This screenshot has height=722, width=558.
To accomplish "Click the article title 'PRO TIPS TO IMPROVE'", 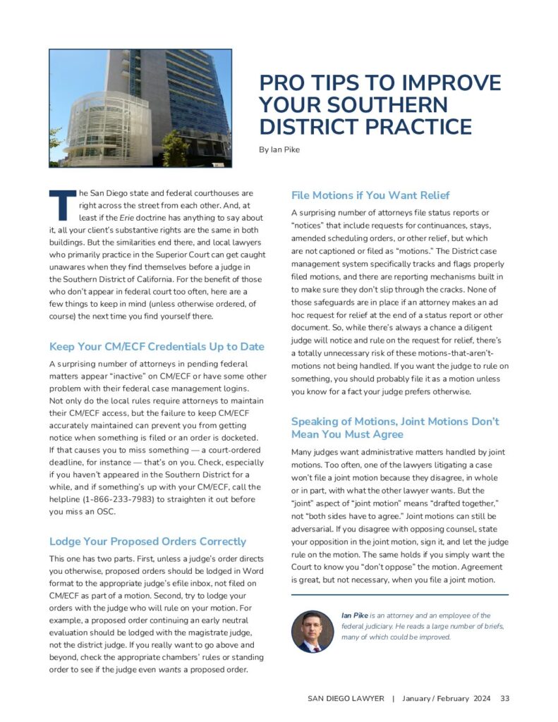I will pos(380,83).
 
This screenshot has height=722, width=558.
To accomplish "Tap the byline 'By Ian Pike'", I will pos(279,149).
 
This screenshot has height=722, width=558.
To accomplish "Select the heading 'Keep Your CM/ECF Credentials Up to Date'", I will pos(157,347).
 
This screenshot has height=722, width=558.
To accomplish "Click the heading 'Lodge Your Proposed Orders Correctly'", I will pos(147,541).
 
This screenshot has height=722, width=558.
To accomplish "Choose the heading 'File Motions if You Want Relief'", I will pos(370,195).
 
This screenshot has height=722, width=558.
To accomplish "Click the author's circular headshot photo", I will pos(312,630).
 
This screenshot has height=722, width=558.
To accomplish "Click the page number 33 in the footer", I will pos(504,698).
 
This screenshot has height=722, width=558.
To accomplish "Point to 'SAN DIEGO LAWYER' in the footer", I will pos(346,698).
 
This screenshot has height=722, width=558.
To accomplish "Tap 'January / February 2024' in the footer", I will pos(445,698).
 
